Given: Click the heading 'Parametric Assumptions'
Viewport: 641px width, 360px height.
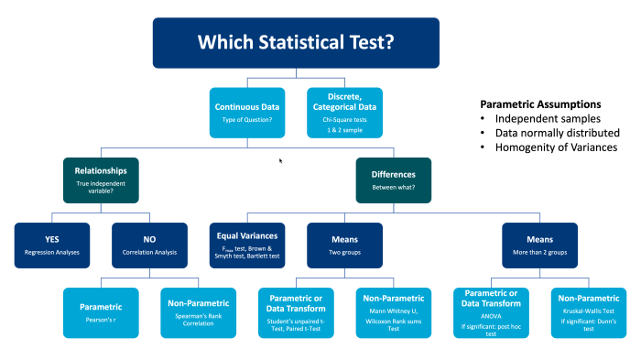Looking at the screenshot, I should (x=540, y=104).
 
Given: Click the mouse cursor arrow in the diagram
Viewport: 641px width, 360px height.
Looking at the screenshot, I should (x=281, y=160).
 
